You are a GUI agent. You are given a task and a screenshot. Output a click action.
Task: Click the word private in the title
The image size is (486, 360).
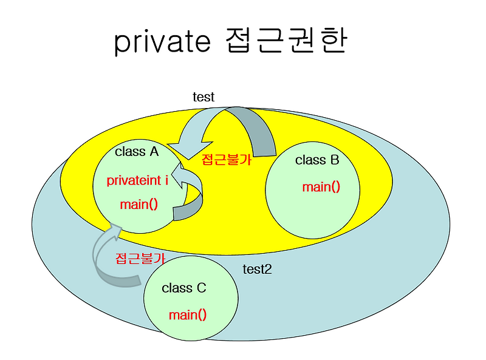pyautogui.click(x=162, y=42)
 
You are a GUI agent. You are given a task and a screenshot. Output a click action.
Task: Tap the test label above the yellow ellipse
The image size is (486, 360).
pyautogui.click(x=204, y=97)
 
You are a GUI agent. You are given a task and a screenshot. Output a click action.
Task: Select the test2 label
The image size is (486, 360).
pyautogui.click(x=257, y=269)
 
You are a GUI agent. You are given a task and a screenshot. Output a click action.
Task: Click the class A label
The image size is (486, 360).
pyautogui.click(x=137, y=152)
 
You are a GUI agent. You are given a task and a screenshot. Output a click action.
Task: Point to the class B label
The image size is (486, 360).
pyautogui.click(x=317, y=160)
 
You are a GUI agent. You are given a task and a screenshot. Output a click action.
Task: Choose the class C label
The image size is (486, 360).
pyautogui.click(x=184, y=288)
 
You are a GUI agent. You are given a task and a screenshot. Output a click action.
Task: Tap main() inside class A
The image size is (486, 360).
pyautogui.click(x=139, y=204)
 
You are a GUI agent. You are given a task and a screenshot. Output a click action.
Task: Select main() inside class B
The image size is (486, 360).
pyautogui.click(x=321, y=186)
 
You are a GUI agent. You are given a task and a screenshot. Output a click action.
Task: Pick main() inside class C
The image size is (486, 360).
pyautogui.click(x=188, y=314)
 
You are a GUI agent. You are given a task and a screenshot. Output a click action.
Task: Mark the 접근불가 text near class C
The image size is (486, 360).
pyautogui.click(x=140, y=257)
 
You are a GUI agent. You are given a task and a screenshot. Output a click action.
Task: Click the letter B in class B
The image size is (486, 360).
pyautogui.click(x=335, y=160)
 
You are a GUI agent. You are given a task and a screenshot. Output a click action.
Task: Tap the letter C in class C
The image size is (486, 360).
pyautogui.click(x=202, y=288)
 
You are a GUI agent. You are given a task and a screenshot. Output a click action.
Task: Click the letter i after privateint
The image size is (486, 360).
pyautogui.click(x=166, y=180)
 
